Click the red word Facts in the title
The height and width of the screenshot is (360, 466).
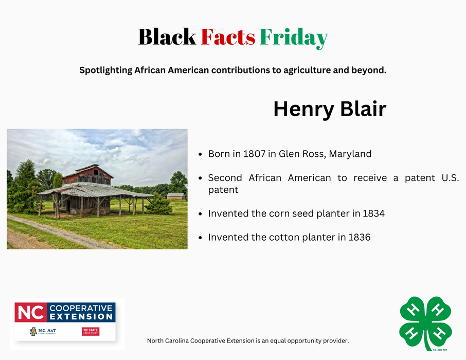pyautogui.click(x=228, y=37)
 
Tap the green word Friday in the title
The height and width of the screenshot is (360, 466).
pyautogui.click(x=294, y=37)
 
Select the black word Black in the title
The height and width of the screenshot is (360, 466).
pyautogui.click(x=167, y=37)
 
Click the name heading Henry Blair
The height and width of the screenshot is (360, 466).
pyautogui.click(x=329, y=109)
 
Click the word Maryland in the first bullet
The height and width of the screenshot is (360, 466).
pyautogui.click(x=350, y=154)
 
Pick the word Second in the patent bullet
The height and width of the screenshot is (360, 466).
pyautogui.click(x=225, y=178)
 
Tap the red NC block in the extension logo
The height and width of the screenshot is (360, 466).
pyautogui.click(x=30, y=312)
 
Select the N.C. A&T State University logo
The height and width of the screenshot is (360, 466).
pyautogui.click(x=42, y=332)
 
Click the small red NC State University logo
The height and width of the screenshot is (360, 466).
pyautogui.click(x=91, y=332)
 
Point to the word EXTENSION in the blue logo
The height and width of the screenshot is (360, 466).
pyautogui.click(x=81, y=317)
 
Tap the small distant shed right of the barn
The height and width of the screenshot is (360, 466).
pyautogui.click(x=175, y=196)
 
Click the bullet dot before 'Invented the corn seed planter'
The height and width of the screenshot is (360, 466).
pyautogui.click(x=200, y=213)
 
